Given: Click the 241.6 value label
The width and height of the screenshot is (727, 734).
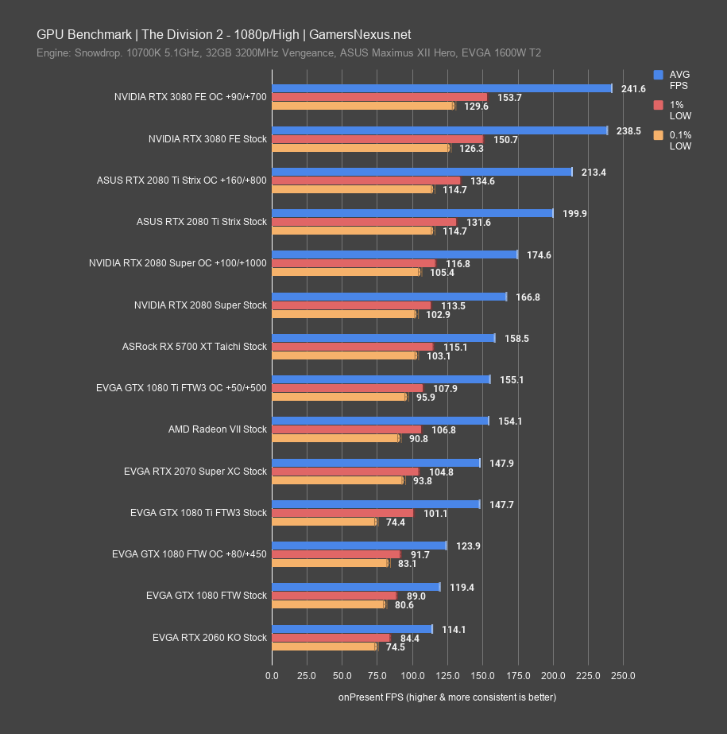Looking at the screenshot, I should [x=633, y=89].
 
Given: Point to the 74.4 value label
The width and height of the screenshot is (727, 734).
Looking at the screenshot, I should [x=395, y=522].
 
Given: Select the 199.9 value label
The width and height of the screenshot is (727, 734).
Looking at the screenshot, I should [x=574, y=214].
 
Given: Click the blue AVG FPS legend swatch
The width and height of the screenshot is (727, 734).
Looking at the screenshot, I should [x=658, y=75].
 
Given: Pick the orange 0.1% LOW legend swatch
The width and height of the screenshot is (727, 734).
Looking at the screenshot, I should [x=658, y=135].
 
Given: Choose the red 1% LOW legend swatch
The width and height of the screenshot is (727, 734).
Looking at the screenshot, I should [x=658, y=105].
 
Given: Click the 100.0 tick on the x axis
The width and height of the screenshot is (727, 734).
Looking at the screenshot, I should [x=412, y=676].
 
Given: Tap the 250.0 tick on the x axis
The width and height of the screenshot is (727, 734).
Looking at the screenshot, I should [x=623, y=676].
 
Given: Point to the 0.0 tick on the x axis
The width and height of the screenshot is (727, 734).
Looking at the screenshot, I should [x=272, y=676].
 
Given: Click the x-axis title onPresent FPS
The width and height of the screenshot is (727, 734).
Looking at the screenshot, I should [x=447, y=697].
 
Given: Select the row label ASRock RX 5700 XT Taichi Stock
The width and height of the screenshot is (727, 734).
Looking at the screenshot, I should [x=195, y=347].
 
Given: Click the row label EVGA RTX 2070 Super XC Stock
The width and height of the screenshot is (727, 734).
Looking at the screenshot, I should [x=195, y=472].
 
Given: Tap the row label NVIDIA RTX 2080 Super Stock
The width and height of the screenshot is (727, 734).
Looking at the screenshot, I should [x=201, y=305].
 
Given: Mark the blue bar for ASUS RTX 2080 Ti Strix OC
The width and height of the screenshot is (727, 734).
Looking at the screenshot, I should [x=422, y=172].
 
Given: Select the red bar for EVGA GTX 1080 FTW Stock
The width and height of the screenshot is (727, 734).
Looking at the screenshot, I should [x=334, y=596].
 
